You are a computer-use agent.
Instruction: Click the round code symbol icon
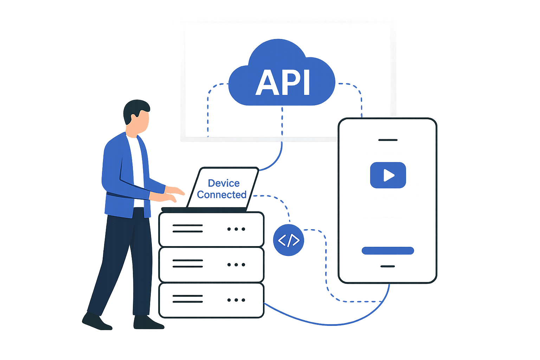tap(289, 240)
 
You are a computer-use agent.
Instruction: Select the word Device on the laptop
tap(224, 183)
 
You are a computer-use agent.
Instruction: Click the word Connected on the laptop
tap(221, 194)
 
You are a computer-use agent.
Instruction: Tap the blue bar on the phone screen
tap(387, 251)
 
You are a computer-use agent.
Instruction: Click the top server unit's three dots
tap(236, 229)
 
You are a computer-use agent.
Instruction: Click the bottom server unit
tap(211, 301)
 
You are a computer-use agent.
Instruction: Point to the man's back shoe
tap(97, 322)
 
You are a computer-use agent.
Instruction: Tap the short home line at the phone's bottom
tap(388, 267)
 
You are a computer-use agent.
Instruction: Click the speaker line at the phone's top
tap(387, 140)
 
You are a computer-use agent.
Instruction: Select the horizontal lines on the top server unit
tap(187, 229)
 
